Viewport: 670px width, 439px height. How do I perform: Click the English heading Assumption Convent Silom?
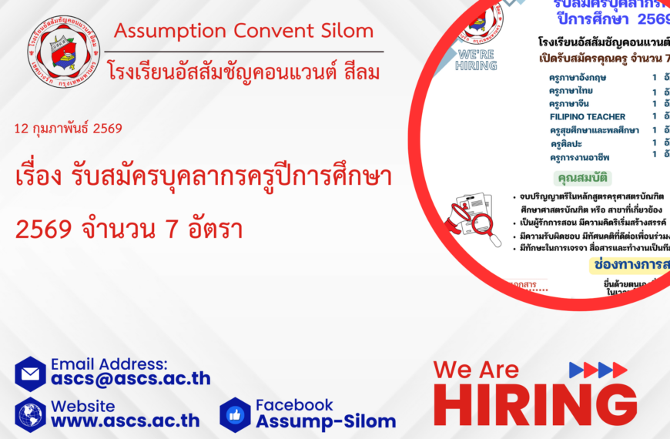point(243,32)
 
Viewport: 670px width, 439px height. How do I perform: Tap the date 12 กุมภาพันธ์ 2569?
point(68,129)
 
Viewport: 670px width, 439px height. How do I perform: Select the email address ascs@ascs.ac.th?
point(130,378)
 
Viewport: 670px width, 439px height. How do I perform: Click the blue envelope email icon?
point(31,374)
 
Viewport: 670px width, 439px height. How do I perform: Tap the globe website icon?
point(31,414)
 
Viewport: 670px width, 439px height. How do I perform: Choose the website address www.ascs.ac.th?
point(126,421)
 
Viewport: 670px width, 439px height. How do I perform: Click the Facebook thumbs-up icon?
point(235,414)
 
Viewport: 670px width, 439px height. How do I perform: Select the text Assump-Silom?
point(325,421)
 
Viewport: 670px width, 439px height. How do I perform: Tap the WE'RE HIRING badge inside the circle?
point(477,60)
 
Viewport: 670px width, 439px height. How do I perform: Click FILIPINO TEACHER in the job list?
point(588,116)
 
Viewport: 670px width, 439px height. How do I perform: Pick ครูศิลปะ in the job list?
point(566,143)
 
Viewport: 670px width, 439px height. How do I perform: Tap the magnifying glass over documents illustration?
point(472,219)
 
